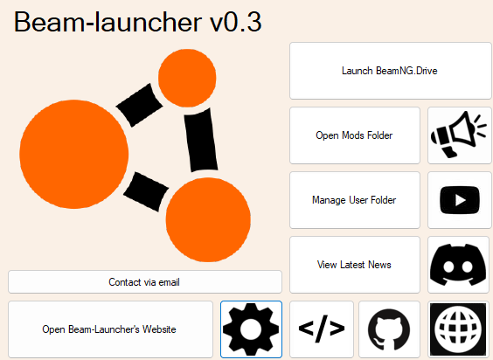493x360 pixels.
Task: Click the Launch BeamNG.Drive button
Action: (x=390, y=71)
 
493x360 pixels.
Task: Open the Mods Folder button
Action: (x=355, y=135)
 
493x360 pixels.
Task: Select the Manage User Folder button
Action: (x=355, y=200)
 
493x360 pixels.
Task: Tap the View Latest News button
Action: (x=355, y=265)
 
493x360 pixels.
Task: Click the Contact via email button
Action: (x=145, y=282)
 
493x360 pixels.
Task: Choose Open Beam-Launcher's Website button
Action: (x=110, y=329)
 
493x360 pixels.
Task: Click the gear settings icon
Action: (x=251, y=329)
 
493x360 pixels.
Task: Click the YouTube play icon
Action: (x=460, y=200)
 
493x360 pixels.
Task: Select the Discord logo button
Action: (x=458, y=265)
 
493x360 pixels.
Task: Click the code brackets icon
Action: (x=322, y=329)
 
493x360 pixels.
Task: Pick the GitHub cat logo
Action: (x=389, y=329)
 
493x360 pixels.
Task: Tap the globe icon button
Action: (x=458, y=329)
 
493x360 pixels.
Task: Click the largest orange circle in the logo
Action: (x=74, y=154)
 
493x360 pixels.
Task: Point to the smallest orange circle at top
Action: (x=187, y=78)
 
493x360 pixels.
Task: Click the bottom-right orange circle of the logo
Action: (x=208, y=220)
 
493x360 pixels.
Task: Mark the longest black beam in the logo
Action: (x=201, y=140)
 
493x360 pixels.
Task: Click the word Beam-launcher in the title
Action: (x=108, y=22)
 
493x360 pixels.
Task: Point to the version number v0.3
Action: (x=236, y=22)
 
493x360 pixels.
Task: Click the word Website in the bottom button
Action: (x=159, y=329)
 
